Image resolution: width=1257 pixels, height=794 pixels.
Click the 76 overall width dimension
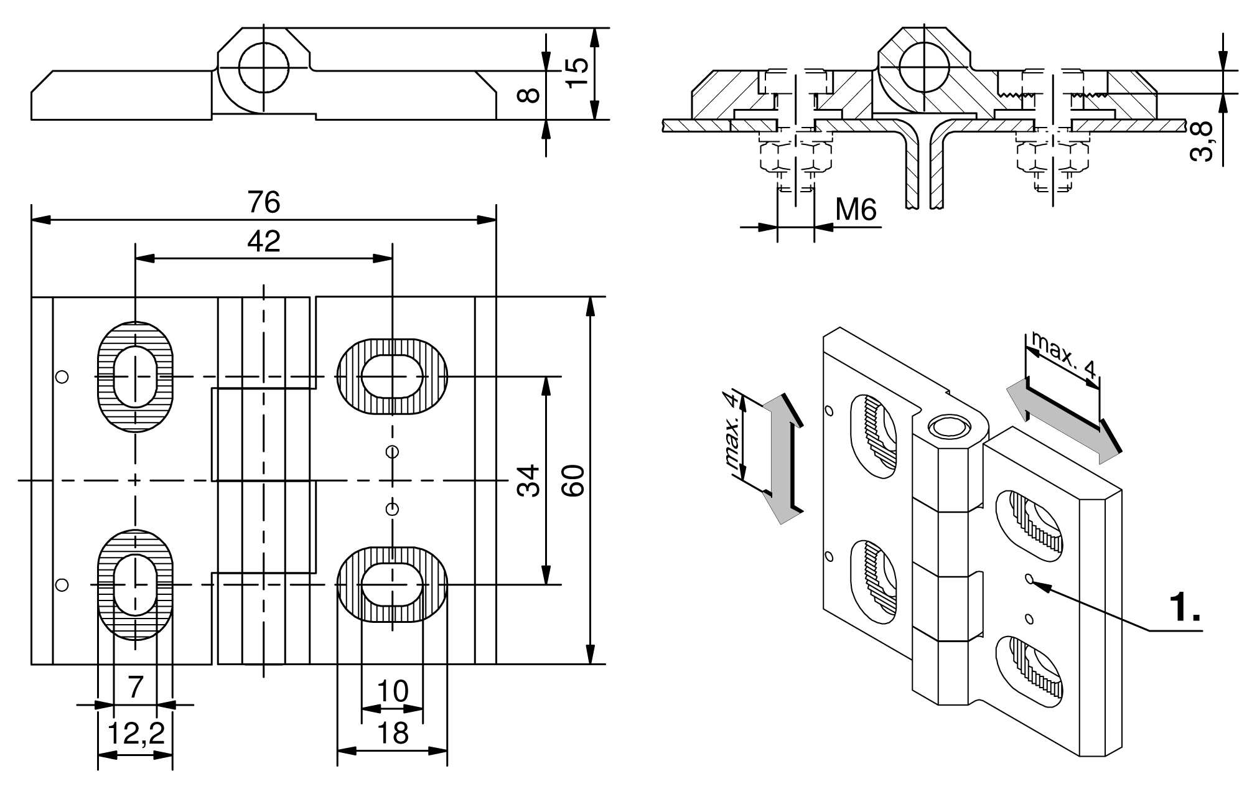(263, 203)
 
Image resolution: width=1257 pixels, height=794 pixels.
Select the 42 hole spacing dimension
(263, 241)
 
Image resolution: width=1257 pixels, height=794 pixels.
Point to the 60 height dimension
(572, 480)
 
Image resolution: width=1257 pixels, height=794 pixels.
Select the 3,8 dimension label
(1203, 141)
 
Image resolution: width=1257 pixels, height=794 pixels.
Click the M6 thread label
(856, 210)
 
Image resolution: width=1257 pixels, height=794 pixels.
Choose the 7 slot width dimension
(135, 688)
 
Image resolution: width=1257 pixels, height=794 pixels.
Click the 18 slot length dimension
(393, 733)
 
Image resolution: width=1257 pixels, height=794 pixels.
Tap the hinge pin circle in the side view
(263, 67)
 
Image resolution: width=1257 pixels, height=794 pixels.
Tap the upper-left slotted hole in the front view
(135, 377)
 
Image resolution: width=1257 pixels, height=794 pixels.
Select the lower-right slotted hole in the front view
(392, 584)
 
